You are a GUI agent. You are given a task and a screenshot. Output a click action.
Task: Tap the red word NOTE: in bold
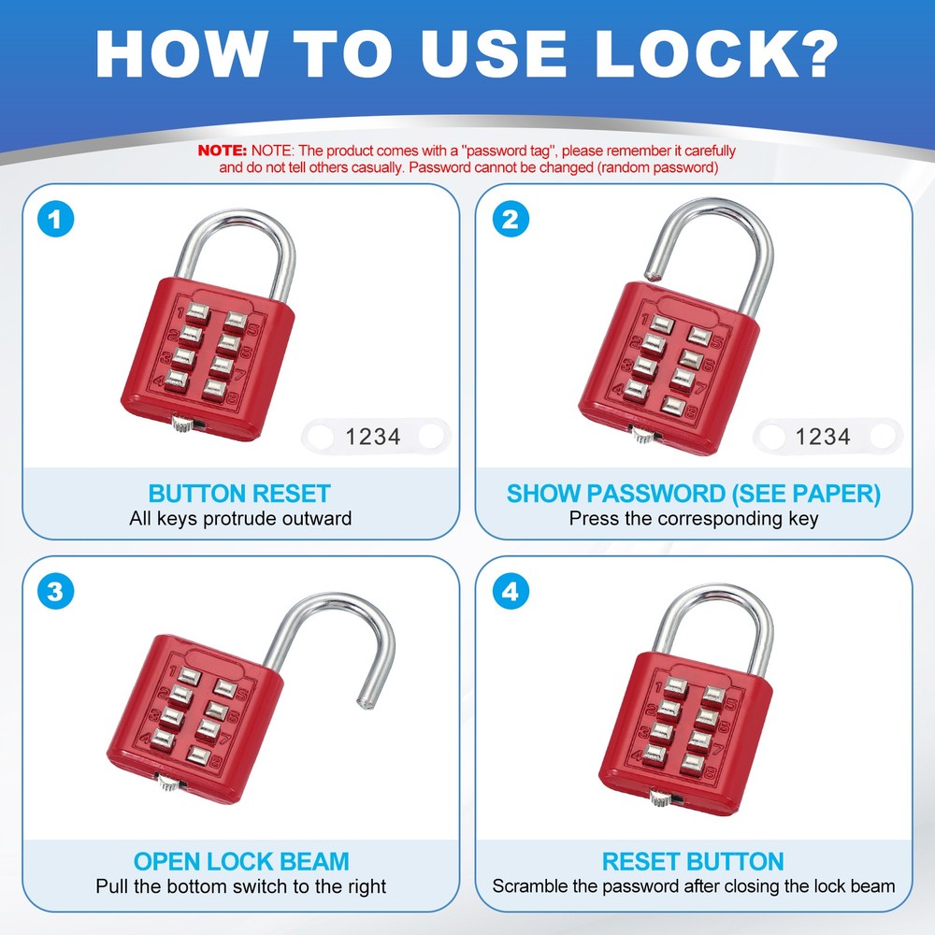(x=222, y=151)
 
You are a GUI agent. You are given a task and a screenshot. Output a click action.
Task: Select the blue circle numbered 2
(x=511, y=220)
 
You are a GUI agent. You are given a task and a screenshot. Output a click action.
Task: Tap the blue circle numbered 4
(x=511, y=592)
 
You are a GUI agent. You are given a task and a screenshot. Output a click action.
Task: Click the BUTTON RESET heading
(x=240, y=494)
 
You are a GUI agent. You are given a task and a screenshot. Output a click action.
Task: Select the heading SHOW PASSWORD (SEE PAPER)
(x=694, y=494)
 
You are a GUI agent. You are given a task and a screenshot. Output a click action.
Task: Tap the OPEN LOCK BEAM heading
(x=240, y=861)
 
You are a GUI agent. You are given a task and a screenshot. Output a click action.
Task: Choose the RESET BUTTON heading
(x=694, y=861)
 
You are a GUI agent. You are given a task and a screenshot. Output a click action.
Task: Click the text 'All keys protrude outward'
(x=240, y=518)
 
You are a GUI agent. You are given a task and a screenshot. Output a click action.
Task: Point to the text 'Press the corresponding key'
(x=694, y=518)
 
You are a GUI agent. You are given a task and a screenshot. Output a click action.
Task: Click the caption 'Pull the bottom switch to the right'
(x=240, y=885)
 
